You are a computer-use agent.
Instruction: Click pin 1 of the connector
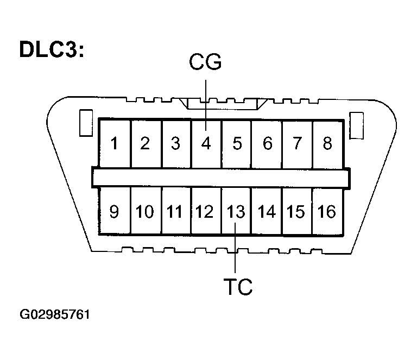115,144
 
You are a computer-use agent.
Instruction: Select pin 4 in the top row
206,144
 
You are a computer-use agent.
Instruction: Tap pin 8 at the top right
327,144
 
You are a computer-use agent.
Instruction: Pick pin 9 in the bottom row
115,211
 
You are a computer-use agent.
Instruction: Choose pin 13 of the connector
236,211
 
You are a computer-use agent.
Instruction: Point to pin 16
327,211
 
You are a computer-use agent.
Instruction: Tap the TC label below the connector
238,287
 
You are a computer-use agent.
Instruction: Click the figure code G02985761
55,315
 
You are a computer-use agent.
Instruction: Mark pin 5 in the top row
237,144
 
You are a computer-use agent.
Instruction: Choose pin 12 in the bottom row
205,211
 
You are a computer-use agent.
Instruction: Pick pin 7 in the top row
297,144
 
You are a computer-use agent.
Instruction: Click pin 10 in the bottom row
145,211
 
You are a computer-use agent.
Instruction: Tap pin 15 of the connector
296,211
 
